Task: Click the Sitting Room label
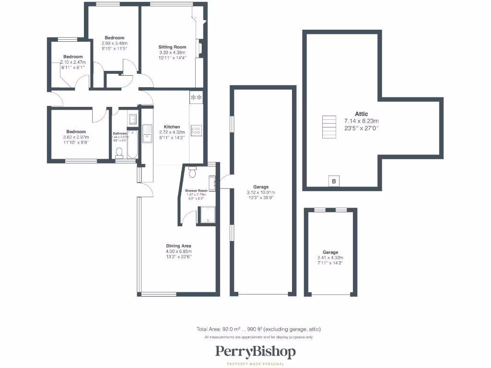point(172,47)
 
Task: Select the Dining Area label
point(178,246)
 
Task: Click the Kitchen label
point(172,127)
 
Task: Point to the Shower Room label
point(197,191)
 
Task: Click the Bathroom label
point(120,134)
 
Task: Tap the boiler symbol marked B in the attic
point(334,181)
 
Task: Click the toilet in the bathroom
point(120,152)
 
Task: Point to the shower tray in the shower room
point(208,215)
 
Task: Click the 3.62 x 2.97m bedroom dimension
point(76,137)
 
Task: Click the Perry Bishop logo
point(255,352)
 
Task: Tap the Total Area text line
point(258,329)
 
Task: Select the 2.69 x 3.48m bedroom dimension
point(114,43)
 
